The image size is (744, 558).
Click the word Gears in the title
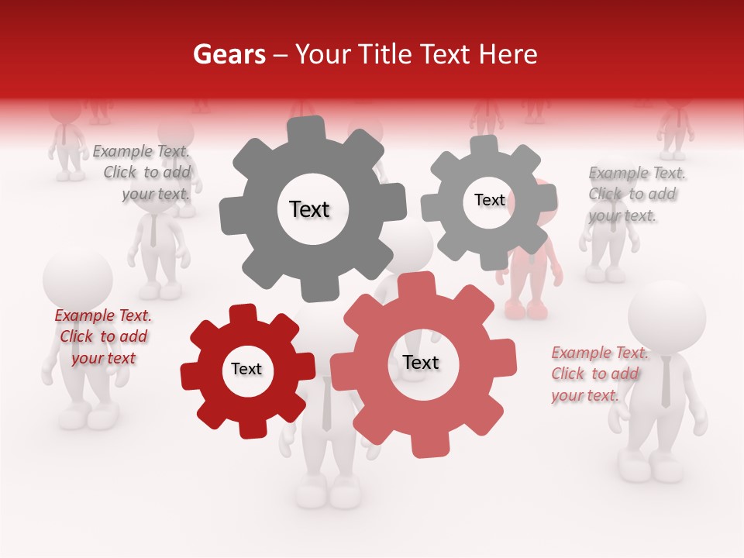[229, 54]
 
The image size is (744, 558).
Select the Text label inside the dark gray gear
[309, 209]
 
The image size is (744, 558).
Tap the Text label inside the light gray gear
[489, 200]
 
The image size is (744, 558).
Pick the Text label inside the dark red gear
[246, 369]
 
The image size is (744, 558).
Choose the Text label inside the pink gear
[421, 362]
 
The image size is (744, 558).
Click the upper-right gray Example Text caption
[634, 194]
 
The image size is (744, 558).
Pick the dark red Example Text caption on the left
[103, 336]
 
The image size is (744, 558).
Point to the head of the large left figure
[77, 279]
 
